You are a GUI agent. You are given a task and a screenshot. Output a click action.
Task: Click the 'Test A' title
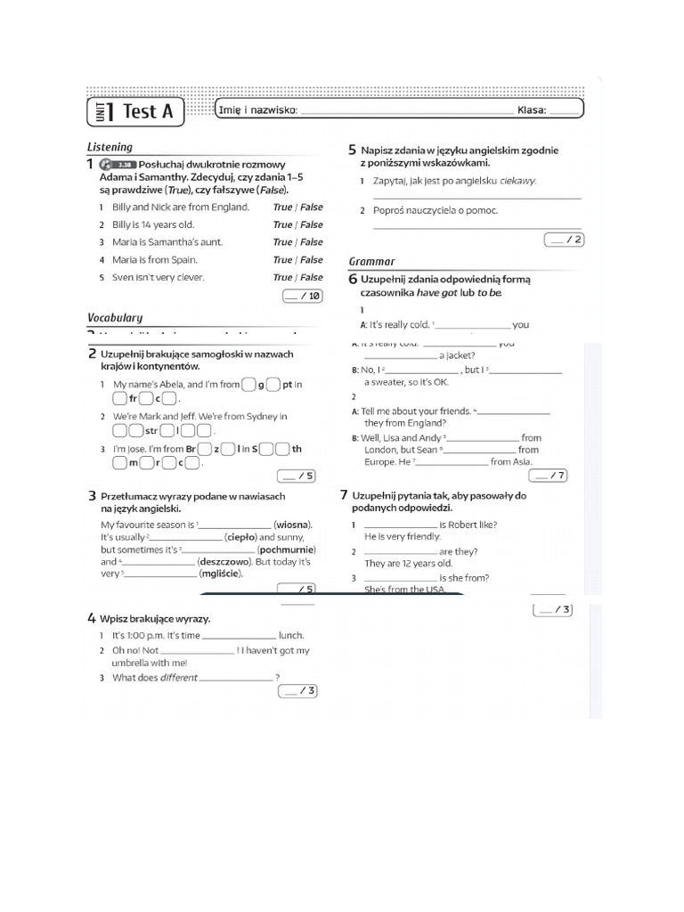147,111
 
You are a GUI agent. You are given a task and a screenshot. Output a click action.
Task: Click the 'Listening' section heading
110,147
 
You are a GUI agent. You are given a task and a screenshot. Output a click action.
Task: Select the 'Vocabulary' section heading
115,317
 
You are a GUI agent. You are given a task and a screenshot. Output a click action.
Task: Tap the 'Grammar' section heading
372,261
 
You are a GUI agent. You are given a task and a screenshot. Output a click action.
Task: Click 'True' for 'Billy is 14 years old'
282,224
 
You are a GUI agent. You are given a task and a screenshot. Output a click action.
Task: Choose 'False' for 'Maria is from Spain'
312,260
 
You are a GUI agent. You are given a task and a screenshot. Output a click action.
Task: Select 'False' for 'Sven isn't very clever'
312,277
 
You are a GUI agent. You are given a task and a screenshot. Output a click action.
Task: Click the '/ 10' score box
303,296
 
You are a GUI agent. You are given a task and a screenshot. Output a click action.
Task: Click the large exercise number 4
92,618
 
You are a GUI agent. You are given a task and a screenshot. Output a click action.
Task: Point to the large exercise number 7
344,495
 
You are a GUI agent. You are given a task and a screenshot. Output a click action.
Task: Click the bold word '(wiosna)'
293,525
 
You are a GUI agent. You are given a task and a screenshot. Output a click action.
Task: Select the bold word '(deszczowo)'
224,562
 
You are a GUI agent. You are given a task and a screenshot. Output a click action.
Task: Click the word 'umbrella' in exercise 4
130,663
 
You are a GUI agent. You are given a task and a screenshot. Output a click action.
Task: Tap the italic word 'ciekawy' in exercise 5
517,181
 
